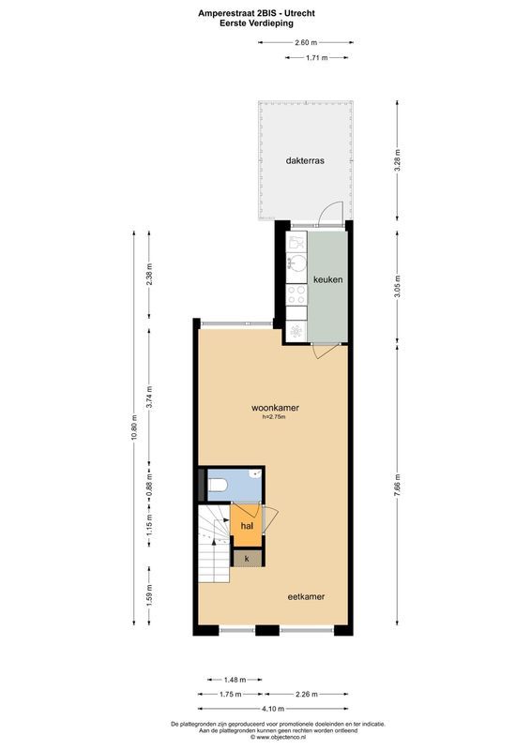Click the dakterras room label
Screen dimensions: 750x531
tap(305, 160)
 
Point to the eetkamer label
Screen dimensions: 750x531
tap(306, 594)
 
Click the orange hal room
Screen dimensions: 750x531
tap(247, 526)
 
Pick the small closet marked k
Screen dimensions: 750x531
tap(247, 558)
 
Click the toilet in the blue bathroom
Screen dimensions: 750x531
tap(217, 485)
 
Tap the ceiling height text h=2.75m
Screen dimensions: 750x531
tap(274, 418)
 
